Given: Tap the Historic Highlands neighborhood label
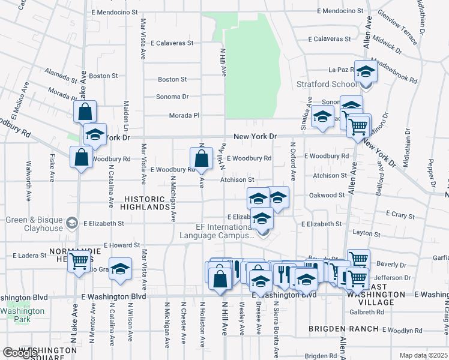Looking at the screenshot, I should (x=148, y=203).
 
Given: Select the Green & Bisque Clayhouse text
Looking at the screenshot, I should (x=34, y=224).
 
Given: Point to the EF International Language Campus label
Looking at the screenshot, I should (x=217, y=232).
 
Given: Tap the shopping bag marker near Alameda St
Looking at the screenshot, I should (x=85, y=112).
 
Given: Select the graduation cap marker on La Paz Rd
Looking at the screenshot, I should (x=364, y=73).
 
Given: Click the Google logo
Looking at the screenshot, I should (x=20, y=353).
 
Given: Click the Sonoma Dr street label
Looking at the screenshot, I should (x=172, y=97).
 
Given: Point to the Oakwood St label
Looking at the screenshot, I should (x=327, y=194).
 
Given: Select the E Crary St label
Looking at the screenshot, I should (x=400, y=214).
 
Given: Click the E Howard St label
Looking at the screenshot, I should (x=122, y=245).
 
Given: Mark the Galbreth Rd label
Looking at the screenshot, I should (x=366, y=311).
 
